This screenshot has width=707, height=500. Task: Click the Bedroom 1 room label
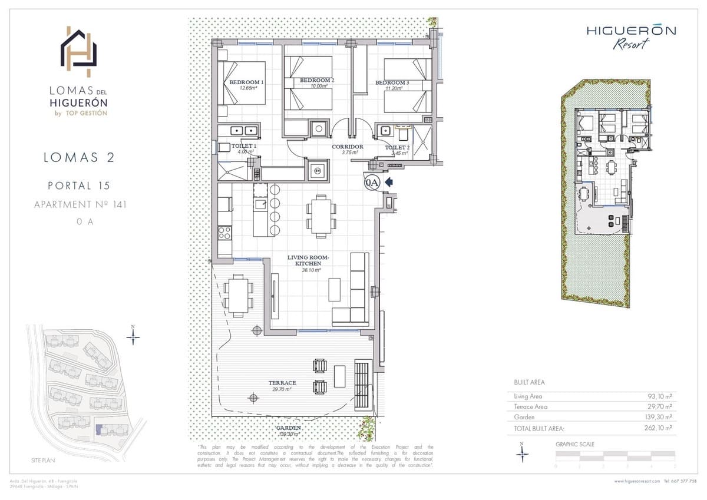tap(246, 82)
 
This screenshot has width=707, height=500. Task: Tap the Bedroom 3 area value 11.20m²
tap(392, 88)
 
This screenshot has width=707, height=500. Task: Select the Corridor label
tap(347, 147)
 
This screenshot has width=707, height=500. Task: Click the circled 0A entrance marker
tap(371, 183)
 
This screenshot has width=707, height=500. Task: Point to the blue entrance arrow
tap(389, 183)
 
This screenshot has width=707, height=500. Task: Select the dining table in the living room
tap(321, 216)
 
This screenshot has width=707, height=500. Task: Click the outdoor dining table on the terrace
tap(239, 294)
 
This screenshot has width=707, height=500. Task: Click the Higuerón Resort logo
tap(630, 37)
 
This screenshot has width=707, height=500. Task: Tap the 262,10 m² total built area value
tap(658, 428)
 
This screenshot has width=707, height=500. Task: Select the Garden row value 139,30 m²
tap(658, 417)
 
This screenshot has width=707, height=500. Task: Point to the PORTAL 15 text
tap(80, 186)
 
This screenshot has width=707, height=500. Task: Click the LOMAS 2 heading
tap(79, 157)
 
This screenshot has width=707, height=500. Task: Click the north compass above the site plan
tap(134, 336)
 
